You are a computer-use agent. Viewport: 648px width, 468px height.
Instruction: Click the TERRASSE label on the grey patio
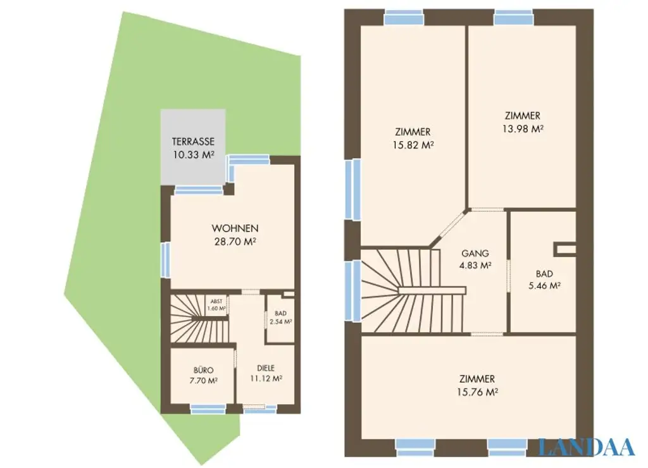193,142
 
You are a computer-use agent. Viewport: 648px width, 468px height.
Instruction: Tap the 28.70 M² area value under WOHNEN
235,241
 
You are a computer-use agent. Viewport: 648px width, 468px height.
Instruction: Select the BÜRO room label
204,370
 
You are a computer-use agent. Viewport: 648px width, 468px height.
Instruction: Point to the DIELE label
266,367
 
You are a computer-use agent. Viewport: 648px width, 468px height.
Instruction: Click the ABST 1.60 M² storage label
217,305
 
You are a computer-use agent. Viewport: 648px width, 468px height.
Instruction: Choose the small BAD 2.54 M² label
279,317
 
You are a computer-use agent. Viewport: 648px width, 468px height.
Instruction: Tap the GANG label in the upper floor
475,254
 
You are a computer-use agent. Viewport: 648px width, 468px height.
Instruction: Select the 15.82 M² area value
413,144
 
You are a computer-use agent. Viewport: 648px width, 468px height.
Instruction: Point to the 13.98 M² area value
523,128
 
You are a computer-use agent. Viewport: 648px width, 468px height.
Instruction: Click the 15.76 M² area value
478,391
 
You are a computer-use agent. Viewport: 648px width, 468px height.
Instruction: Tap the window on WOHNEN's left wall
165,260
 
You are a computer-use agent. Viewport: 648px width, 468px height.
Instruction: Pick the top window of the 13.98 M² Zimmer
514,16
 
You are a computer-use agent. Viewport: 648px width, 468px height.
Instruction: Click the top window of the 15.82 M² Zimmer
404,16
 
